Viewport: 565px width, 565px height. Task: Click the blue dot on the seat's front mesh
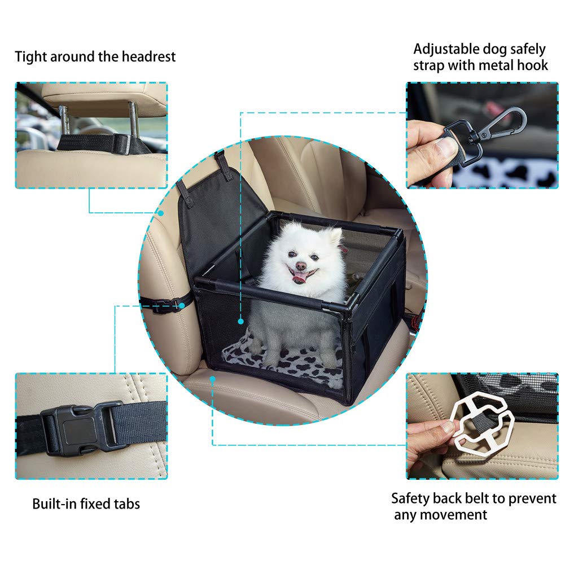click(x=241, y=321)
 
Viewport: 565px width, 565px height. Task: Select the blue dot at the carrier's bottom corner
click(x=213, y=379)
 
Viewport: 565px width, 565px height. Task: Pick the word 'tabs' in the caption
click(x=125, y=503)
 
